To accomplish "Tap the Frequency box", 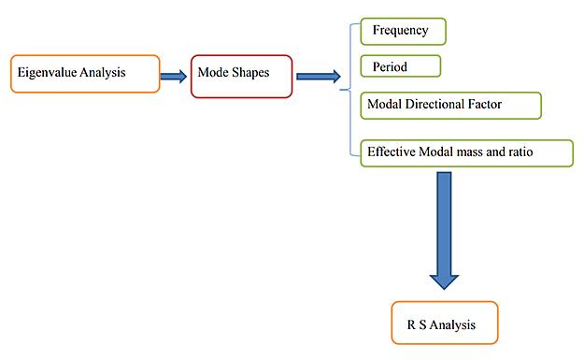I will point(404,31).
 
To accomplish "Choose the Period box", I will point(400,66).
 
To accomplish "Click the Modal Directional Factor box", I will point(450,105).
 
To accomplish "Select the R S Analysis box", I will point(444,324).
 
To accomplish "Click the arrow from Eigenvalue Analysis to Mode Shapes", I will point(173,77).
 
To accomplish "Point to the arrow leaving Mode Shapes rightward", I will point(318,77).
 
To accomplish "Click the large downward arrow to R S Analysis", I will point(444,229).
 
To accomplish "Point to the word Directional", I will point(436,105).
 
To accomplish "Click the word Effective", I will point(392,151).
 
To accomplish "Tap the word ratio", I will point(518,151).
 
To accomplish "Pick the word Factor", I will point(484,105).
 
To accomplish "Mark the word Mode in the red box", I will point(212,72).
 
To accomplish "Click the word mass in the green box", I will point(466,151).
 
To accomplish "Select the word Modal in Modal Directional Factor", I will point(386,105).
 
